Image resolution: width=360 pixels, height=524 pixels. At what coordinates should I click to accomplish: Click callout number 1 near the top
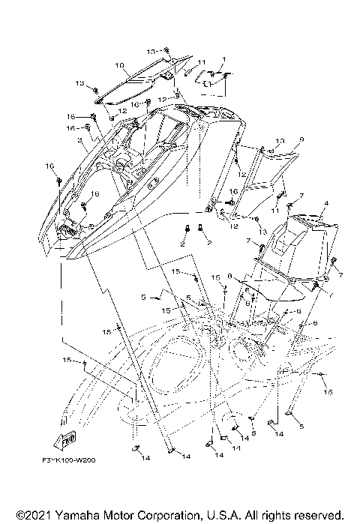(223, 59)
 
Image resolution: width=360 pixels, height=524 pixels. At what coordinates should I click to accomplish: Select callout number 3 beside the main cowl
(79, 139)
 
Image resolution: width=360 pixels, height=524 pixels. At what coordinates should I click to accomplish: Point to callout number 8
(229, 276)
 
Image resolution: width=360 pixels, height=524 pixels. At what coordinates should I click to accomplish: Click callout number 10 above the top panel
(120, 65)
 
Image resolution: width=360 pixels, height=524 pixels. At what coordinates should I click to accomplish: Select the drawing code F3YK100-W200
(73, 463)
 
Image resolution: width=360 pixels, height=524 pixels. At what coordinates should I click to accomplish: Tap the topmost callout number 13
(151, 50)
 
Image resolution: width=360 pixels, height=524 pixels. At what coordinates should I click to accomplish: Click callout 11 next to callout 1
(202, 61)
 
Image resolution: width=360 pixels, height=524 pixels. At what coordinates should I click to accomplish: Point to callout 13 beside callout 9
(259, 141)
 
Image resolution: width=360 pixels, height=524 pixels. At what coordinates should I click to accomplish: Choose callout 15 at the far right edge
(327, 391)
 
